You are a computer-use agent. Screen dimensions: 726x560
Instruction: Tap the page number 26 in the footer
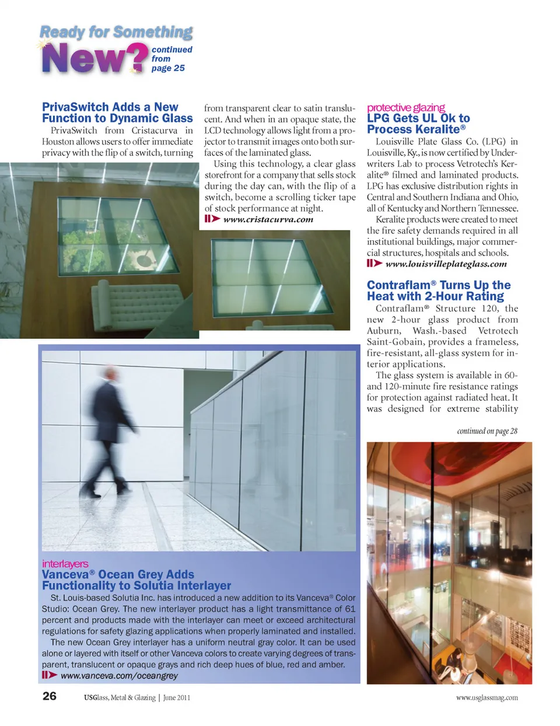50,696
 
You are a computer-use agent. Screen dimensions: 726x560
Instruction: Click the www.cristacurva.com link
268,220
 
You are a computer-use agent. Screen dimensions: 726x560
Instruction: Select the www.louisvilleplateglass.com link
446,264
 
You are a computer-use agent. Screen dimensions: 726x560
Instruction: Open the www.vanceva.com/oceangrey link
119,675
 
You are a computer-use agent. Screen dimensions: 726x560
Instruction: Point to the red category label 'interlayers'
65,564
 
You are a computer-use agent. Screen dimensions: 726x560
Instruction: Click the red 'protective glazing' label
405,107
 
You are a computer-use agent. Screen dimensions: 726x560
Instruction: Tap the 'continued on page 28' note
487,431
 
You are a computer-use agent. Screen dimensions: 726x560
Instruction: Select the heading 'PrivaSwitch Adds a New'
110,107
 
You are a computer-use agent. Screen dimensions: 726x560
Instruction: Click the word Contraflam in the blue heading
398,285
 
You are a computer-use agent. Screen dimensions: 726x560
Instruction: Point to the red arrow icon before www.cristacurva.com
212,219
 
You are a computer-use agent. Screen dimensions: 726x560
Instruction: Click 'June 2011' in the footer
177,697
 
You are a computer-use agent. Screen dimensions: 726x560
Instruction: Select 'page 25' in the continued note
168,68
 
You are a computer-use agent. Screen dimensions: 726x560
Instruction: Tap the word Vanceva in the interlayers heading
65,574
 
